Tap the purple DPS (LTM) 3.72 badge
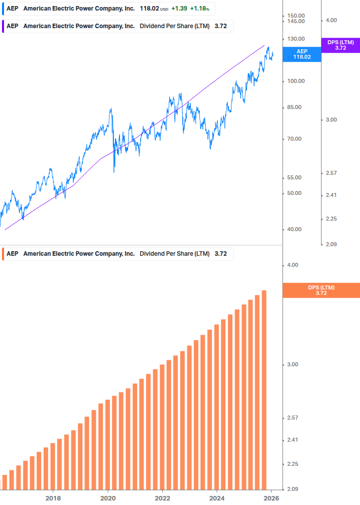click(340, 45)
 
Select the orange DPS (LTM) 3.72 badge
click(321, 290)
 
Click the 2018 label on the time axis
click(53, 498)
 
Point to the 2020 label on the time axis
click(108, 498)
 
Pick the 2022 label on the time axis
click(162, 498)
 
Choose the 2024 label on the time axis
click(216, 498)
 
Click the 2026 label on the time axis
click(271, 498)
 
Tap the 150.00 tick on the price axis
click(296, 16)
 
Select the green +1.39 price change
click(179, 9)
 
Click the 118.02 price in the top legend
click(149, 9)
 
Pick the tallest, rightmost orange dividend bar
click(264, 389)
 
